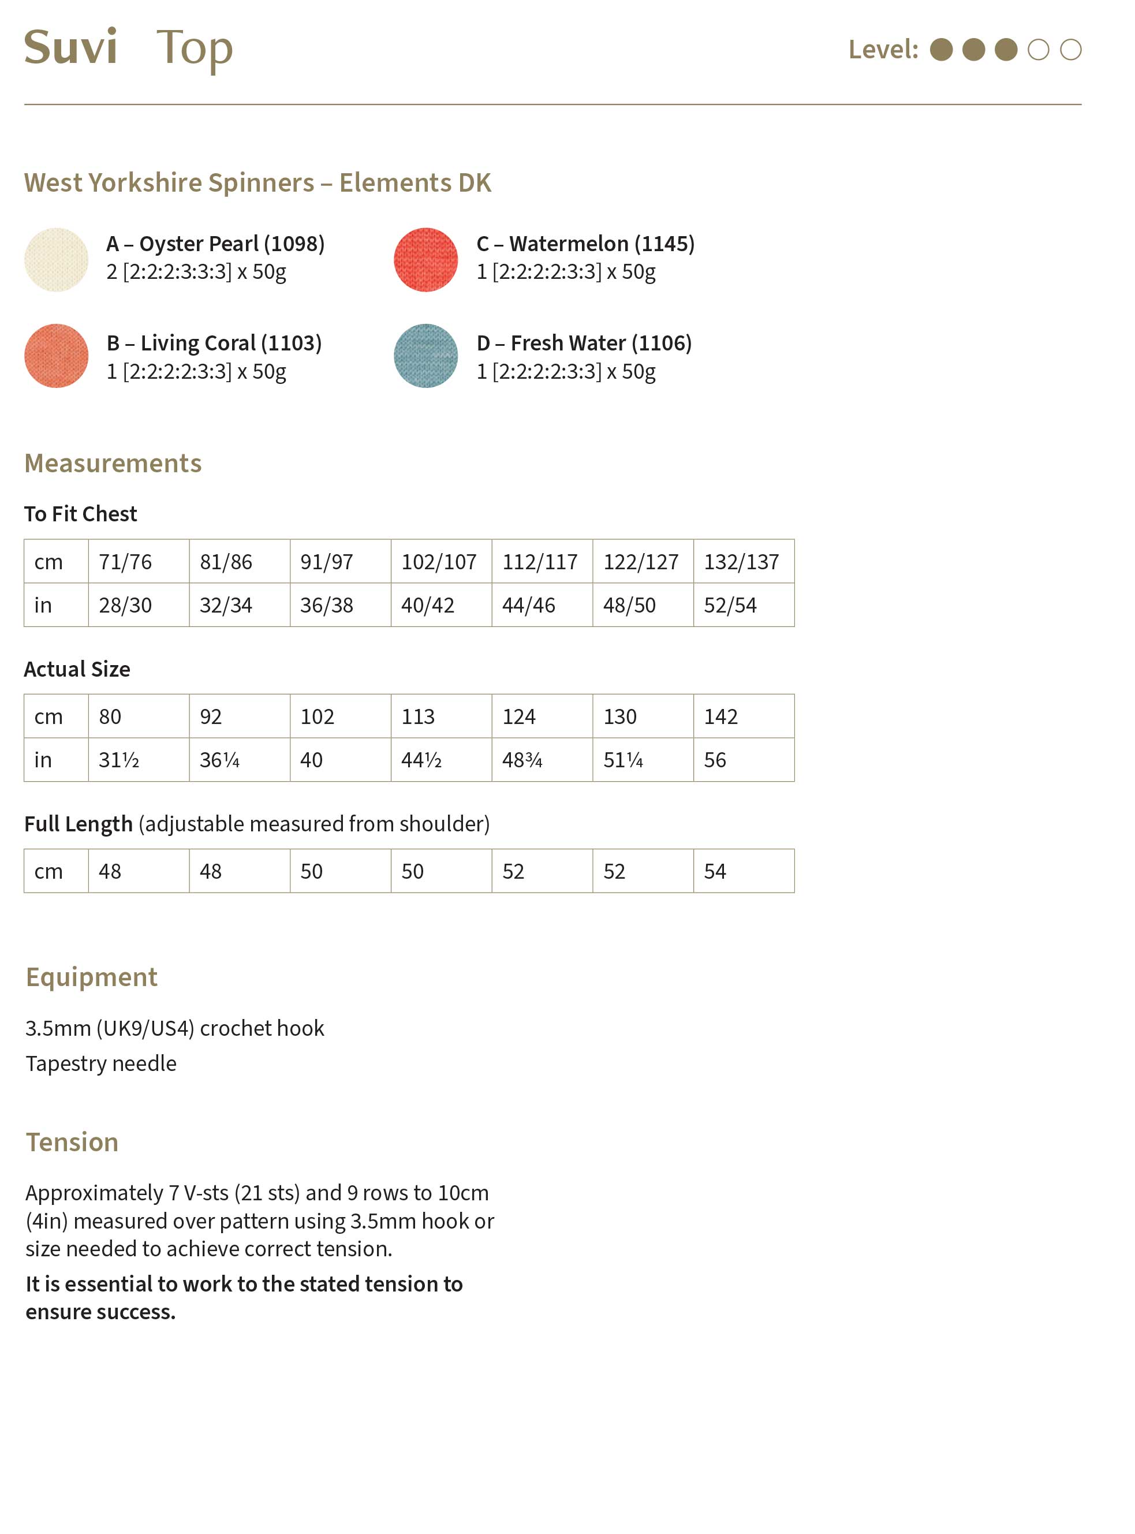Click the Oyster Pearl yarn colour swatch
click(57, 260)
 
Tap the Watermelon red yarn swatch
click(425, 260)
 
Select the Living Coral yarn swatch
click(57, 356)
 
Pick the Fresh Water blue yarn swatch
click(425, 356)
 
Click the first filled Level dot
click(940, 50)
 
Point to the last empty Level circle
click(1070, 50)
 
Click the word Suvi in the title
click(71, 47)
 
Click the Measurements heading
click(113, 464)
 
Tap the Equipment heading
click(91, 977)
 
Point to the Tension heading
click(72, 1142)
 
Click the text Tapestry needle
click(101, 1063)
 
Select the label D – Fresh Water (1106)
click(584, 343)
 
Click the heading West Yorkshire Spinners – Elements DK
click(257, 183)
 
